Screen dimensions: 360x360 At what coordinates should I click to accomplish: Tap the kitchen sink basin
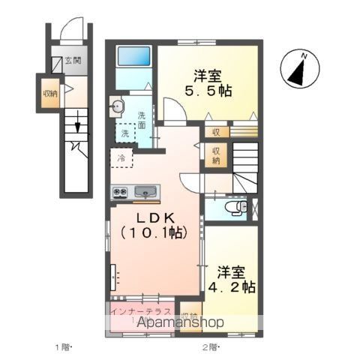[145, 192]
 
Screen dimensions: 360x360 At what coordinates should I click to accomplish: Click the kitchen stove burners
[119, 192]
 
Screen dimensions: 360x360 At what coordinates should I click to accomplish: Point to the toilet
[238, 206]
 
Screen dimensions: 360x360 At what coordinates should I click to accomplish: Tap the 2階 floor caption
[210, 347]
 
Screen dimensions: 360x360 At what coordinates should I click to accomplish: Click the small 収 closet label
[215, 132]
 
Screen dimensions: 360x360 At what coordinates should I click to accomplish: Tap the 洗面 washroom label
[142, 120]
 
